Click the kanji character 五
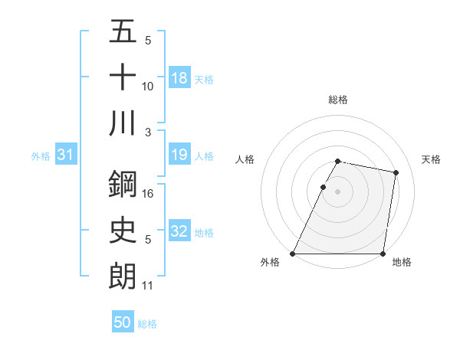[123, 33]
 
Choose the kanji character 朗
[123, 275]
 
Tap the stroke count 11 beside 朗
[148, 286]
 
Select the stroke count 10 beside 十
[148, 87]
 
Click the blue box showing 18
[179, 78]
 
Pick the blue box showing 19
[179, 155]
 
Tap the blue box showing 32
[179, 232]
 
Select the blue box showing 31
[66, 155]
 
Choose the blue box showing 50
[123, 322]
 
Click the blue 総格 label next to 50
[147, 323]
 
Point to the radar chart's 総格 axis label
[337, 100]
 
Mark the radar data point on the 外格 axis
[293, 254]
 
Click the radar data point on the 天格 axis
[396, 173]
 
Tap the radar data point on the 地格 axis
[382, 254]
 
